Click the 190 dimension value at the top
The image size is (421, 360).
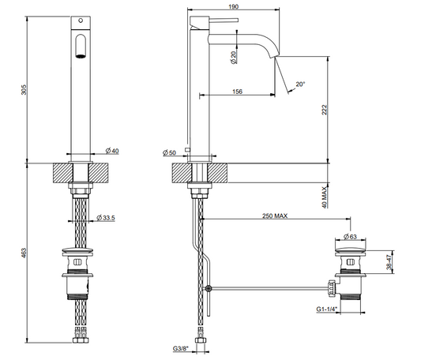(x=234, y=6)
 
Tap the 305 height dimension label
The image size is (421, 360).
(x=24, y=90)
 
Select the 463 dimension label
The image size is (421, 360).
(x=24, y=253)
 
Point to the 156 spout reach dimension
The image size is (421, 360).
(x=237, y=92)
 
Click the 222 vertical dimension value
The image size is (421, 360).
(x=325, y=110)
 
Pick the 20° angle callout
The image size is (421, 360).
(x=300, y=84)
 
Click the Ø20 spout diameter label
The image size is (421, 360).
(x=234, y=58)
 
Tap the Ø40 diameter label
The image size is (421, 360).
(x=112, y=151)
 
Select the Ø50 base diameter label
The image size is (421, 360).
(x=169, y=152)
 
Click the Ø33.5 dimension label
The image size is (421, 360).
(x=106, y=217)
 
